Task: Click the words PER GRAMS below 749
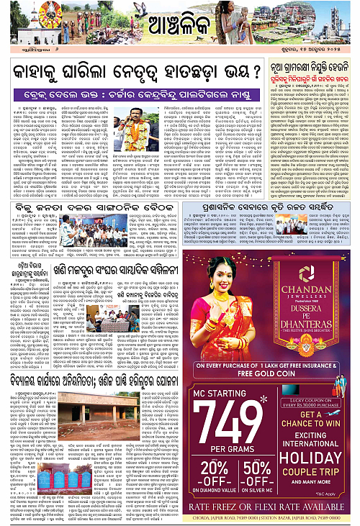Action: [x=241, y=446]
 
